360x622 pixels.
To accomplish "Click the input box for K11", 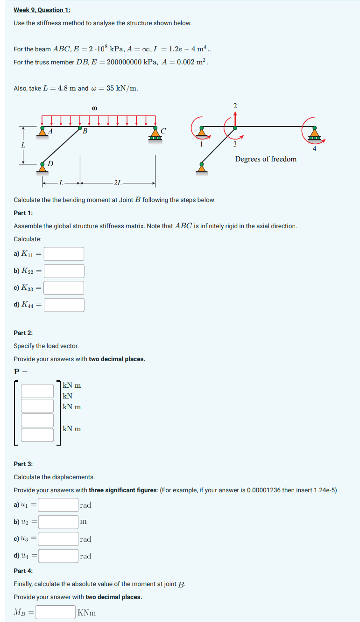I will pos(64,254).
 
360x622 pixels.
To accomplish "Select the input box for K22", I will pos(64,271).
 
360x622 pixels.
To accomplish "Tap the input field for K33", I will pos(64,288).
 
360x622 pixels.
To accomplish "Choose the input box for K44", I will pos(64,305).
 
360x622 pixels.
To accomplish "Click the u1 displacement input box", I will pos(58,505).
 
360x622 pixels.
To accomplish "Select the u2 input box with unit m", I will pos(58,522).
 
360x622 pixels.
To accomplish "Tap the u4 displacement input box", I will pos(58,556).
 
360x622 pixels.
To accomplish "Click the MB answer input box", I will pos(56,612).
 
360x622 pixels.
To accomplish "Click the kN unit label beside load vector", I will pos(68,396).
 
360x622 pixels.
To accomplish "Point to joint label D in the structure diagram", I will pos(50,163).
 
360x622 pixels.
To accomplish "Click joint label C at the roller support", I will pos(163,130).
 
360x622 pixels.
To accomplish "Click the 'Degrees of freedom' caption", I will pos(265,159).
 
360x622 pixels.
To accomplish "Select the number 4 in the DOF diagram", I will pos(314,150).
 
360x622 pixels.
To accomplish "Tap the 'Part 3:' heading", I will pos(23,464).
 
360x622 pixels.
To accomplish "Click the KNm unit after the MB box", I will pos(87,613).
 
